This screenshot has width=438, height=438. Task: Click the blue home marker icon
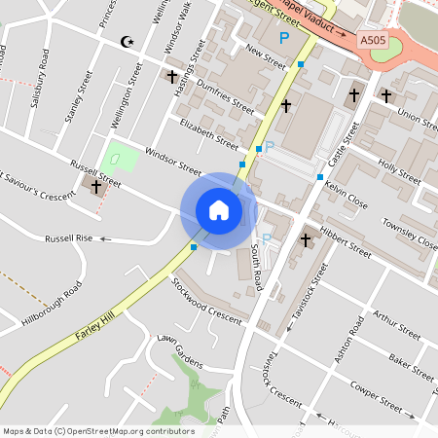click(x=218, y=209)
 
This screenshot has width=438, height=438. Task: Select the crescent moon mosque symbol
click(x=125, y=41)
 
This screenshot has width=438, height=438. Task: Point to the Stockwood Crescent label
click(x=204, y=303)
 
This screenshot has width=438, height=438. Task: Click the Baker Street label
click(x=410, y=366)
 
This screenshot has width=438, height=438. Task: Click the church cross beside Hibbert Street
click(x=306, y=238)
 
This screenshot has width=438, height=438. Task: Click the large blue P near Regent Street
click(x=284, y=38)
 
